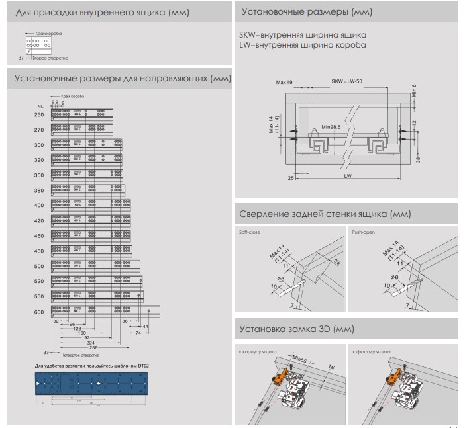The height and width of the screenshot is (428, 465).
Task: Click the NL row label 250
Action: (x=39, y=115)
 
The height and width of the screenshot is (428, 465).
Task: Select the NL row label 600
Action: (x=39, y=312)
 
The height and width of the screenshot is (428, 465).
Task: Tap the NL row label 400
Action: (x=39, y=206)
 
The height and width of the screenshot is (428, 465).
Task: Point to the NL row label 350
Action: (x=39, y=175)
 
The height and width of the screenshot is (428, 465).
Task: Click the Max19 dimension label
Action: (x=284, y=83)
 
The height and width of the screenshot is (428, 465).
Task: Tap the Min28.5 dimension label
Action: (x=332, y=126)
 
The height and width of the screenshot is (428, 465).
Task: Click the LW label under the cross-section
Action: (x=348, y=178)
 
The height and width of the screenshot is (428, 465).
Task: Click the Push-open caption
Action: (x=364, y=232)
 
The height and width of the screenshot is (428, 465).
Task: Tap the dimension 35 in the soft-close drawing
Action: (x=336, y=262)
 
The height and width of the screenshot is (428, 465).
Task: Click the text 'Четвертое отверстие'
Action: (x=77, y=354)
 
